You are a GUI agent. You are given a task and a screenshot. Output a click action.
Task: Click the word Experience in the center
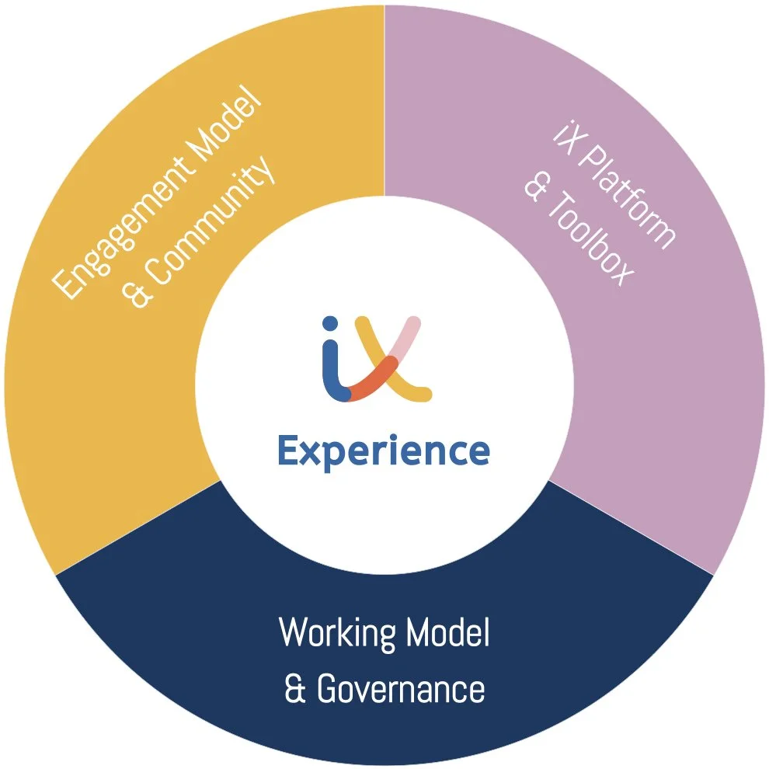pos(384,451)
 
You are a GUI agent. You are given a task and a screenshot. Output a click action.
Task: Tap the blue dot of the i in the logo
pos(330,324)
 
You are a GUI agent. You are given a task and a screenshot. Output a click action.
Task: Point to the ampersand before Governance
pos(294,690)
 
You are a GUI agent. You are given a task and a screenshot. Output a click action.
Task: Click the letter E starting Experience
pos(288,451)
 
